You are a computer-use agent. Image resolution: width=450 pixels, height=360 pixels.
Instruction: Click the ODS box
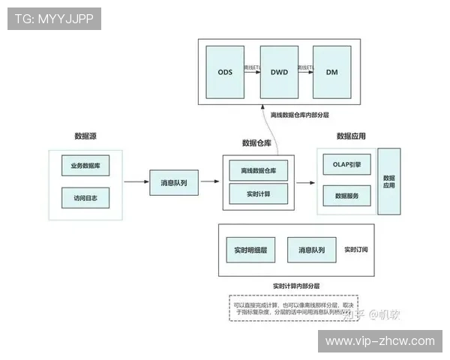point(225,72)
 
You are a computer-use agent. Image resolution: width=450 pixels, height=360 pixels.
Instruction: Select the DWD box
point(278,72)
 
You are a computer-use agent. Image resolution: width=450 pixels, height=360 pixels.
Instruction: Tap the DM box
point(331,72)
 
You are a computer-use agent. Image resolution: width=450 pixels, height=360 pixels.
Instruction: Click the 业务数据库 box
point(85,165)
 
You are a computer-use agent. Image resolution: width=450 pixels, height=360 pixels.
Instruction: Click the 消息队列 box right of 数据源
point(174,182)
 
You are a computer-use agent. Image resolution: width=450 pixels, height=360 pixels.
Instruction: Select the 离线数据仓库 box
point(258,171)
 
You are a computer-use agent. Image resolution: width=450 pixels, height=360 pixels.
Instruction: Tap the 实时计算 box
point(258,194)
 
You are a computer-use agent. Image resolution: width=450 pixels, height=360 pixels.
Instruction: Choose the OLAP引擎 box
point(346,164)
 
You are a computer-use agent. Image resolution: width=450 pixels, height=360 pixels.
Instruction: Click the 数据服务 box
point(346,196)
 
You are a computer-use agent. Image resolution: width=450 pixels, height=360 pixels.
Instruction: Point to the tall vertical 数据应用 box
point(388,181)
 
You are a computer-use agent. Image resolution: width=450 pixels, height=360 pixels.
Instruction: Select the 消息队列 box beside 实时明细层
point(311,249)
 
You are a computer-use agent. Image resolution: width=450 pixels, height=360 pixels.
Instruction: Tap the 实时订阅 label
point(357,249)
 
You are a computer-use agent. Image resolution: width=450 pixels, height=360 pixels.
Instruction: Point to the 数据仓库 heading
point(256,142)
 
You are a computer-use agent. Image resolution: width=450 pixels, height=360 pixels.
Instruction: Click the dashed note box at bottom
point(293,308)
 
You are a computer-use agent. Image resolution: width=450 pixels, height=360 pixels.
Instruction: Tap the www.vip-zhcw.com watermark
point(379,340)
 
